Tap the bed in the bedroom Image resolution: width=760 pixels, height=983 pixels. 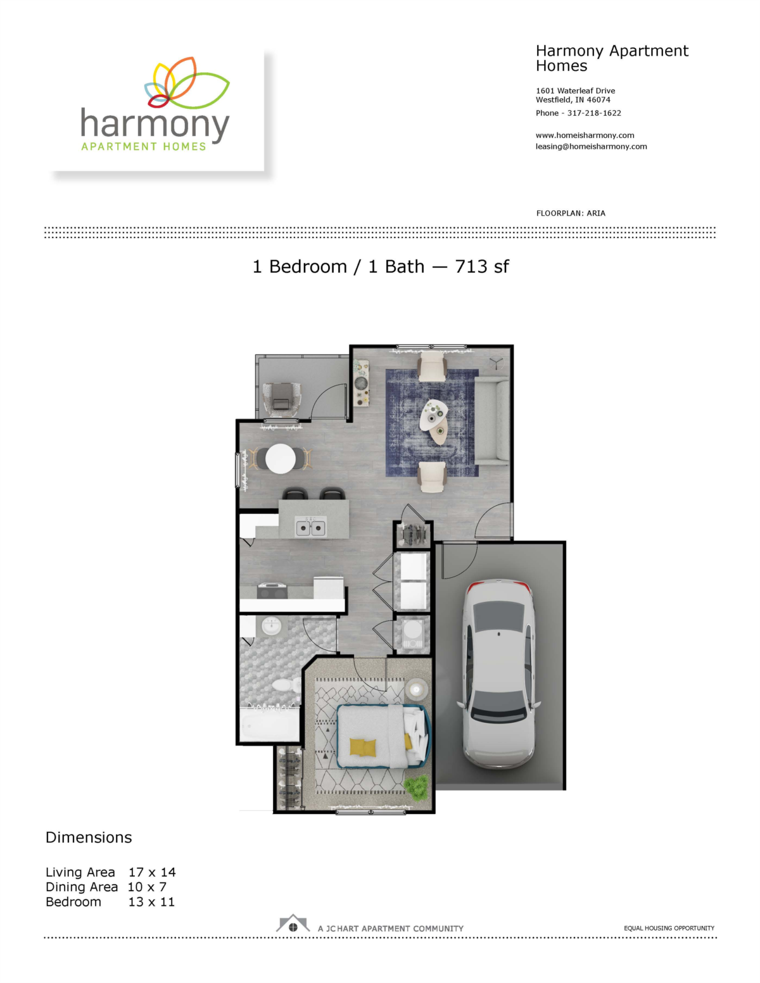pos(383,736)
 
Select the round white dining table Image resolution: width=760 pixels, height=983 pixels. pos(280,459)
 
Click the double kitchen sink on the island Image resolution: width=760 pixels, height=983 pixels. pos(310,527)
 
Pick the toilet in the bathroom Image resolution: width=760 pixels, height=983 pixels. pos(284,684)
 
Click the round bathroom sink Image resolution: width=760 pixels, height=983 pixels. pos(272,627)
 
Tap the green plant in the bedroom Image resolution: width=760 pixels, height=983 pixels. pos(416,787)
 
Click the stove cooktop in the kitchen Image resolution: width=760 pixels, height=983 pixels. pos(272,591)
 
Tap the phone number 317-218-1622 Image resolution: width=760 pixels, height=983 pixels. pos(594,113)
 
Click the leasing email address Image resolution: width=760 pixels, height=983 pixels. pos(591,147)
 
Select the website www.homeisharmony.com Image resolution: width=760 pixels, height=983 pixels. pos(585,135)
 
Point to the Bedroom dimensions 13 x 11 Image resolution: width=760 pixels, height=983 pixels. pos(151,901)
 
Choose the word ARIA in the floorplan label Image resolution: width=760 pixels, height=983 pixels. pos(596,213)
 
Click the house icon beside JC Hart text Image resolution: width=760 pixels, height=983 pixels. pos(293,924)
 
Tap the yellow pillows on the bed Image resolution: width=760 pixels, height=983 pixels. pos(362,747)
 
